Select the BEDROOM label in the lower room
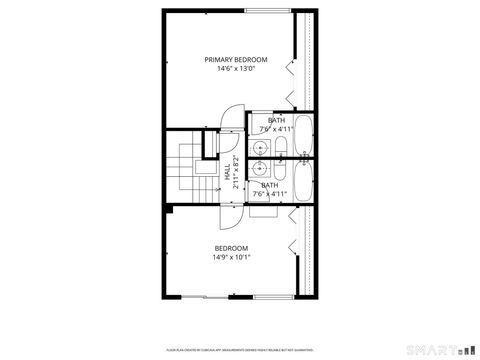(x=231, y=247)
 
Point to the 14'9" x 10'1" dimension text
(x=231, y=257)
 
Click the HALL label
(x=228, y=172)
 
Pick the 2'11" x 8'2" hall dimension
(x=237, y=172)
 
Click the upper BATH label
(x=275, y=121)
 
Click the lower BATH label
(x=270, y=185)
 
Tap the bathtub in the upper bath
(x=304, y=138)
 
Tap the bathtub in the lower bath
(x=304, y=181)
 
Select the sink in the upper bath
(x=259, y=147)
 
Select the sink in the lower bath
(x=259, y=169)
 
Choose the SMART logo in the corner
(x=440, y=349)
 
